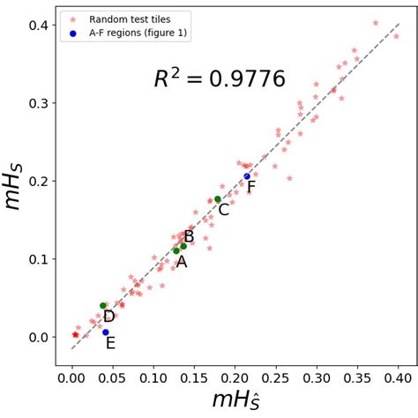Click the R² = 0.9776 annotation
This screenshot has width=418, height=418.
point(220,79)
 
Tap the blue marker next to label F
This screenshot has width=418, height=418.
point(247,176)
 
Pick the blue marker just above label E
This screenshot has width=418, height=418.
point(106,332)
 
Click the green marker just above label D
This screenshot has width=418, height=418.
point(103,306)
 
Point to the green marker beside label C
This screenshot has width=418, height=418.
point(217,199)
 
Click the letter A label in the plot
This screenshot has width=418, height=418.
point(181,261)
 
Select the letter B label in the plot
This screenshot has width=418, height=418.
point(189,236)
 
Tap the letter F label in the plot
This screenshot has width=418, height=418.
point(251,187)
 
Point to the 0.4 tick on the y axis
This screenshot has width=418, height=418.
point(38,26)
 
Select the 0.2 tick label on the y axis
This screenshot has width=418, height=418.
point(38,181)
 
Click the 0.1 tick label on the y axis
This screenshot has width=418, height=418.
point(38,259)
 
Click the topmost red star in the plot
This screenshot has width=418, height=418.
point(376,23)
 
